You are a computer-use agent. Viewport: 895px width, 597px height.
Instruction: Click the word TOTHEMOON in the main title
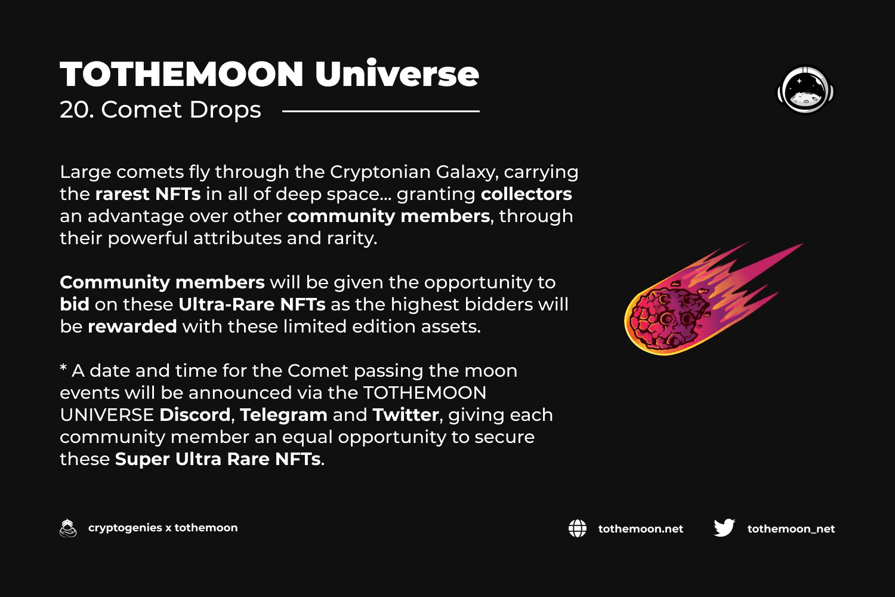(x=182, y=74)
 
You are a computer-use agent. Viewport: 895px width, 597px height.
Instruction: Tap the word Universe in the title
(x=397, y=73)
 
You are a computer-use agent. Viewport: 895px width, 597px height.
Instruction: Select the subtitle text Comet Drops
(x=181, y=110)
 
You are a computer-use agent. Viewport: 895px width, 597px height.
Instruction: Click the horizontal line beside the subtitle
(x=381, y=111)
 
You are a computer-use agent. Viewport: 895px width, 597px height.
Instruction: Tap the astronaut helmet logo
(x=805, y=90)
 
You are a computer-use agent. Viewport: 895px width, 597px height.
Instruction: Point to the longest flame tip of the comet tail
(x=801, y=244)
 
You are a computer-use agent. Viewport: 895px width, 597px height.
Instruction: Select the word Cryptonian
(x=380, y=173)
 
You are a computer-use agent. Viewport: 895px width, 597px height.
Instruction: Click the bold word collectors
(x=526, y=194)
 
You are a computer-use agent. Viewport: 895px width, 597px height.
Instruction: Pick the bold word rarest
(x=122, y=195)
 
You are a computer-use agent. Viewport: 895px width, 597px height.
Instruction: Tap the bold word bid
(x=75, y=304)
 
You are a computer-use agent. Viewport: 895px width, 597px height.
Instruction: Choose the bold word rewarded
(x=132, y=327)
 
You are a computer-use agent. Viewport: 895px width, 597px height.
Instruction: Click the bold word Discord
(x=195, y=415)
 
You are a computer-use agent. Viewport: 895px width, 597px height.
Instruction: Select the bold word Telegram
(x=283, y=415)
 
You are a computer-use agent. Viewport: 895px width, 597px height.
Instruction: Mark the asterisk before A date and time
(x=63, y=367)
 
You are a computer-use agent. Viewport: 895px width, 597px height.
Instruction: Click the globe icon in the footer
(x=578, y=528)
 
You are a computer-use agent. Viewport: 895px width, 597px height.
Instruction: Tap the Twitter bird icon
(x=724, y=528)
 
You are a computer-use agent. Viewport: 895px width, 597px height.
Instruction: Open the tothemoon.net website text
(x=640, y=528)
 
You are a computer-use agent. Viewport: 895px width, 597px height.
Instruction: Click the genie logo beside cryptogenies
(x=68, y=528)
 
